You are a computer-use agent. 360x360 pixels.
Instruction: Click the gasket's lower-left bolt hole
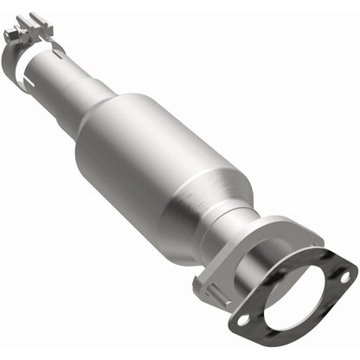click(244, 318)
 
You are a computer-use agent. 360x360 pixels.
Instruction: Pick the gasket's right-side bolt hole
click(344, 275)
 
